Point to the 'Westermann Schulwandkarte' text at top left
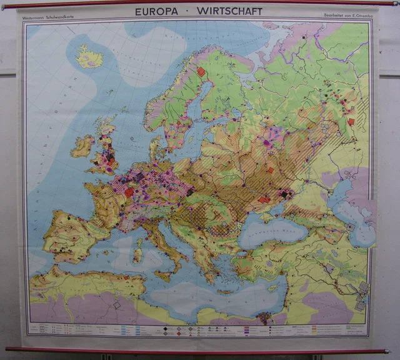point(47,17)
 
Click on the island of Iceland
point(89,58)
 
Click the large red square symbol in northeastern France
point(129,192)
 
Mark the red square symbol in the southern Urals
point(351,121)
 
